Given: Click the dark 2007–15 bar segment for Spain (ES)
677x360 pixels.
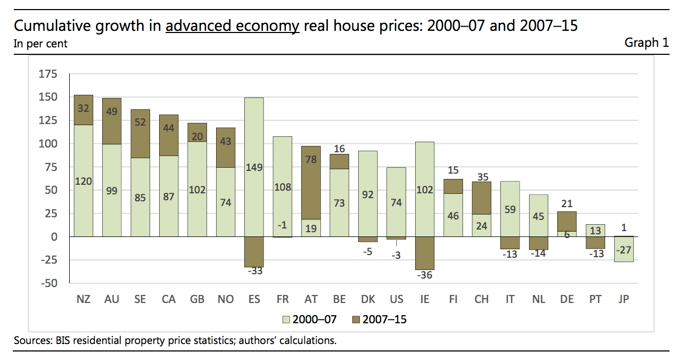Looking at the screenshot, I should click(254, 251).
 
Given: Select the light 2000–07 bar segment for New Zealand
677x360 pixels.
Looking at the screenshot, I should click(83, 181).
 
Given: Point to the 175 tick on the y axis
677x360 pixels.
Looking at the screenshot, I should click(47, 74).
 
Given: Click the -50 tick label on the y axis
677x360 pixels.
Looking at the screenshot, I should click(47, 283).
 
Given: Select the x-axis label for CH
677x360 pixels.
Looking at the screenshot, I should click(481, 299).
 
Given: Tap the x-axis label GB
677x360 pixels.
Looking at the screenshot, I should click(197, 299).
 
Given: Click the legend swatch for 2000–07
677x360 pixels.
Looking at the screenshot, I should click(284, 320).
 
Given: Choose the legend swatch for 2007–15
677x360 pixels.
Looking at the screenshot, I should click(356, 320).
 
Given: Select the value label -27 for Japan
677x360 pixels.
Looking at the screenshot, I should click(624, 250).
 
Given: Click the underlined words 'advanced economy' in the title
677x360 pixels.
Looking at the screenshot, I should click(232, 26).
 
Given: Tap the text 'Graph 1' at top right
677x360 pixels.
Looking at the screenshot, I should click(646, 43).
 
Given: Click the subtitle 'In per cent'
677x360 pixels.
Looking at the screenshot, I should click(40, 44).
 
